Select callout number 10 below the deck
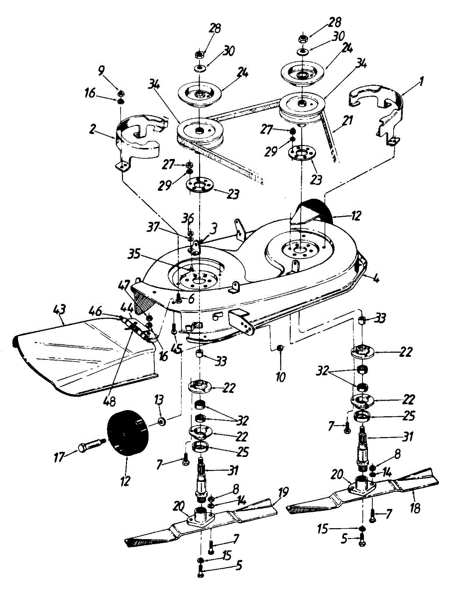point(280,376)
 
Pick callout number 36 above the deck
point(188,218)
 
